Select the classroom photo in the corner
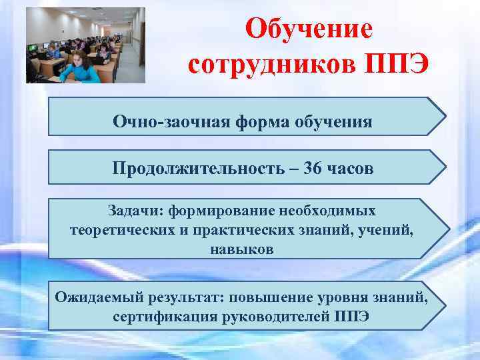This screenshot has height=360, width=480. [85, 45]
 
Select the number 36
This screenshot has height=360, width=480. [312, 169]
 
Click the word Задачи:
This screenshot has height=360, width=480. [135, 211]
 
